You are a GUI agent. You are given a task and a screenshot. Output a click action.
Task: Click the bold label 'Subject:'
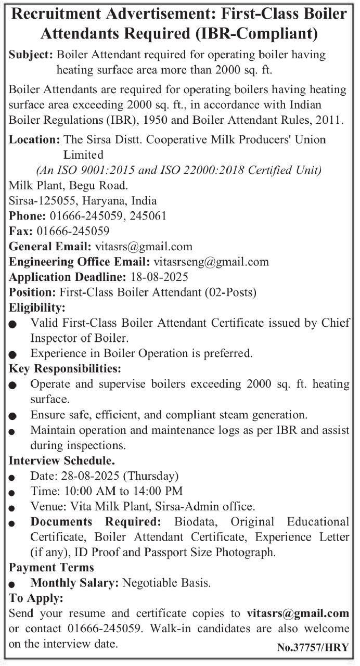click(31, 55)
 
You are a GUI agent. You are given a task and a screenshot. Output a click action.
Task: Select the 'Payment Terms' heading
click(52, 567)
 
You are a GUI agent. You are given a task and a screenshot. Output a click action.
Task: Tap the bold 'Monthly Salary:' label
click(75, 583)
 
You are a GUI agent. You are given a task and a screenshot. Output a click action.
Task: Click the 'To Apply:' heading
click(36, 598)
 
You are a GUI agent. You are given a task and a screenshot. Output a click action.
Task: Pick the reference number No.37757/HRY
click(314, 648)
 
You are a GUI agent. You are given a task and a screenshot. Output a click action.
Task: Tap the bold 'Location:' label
click(34, 139)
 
